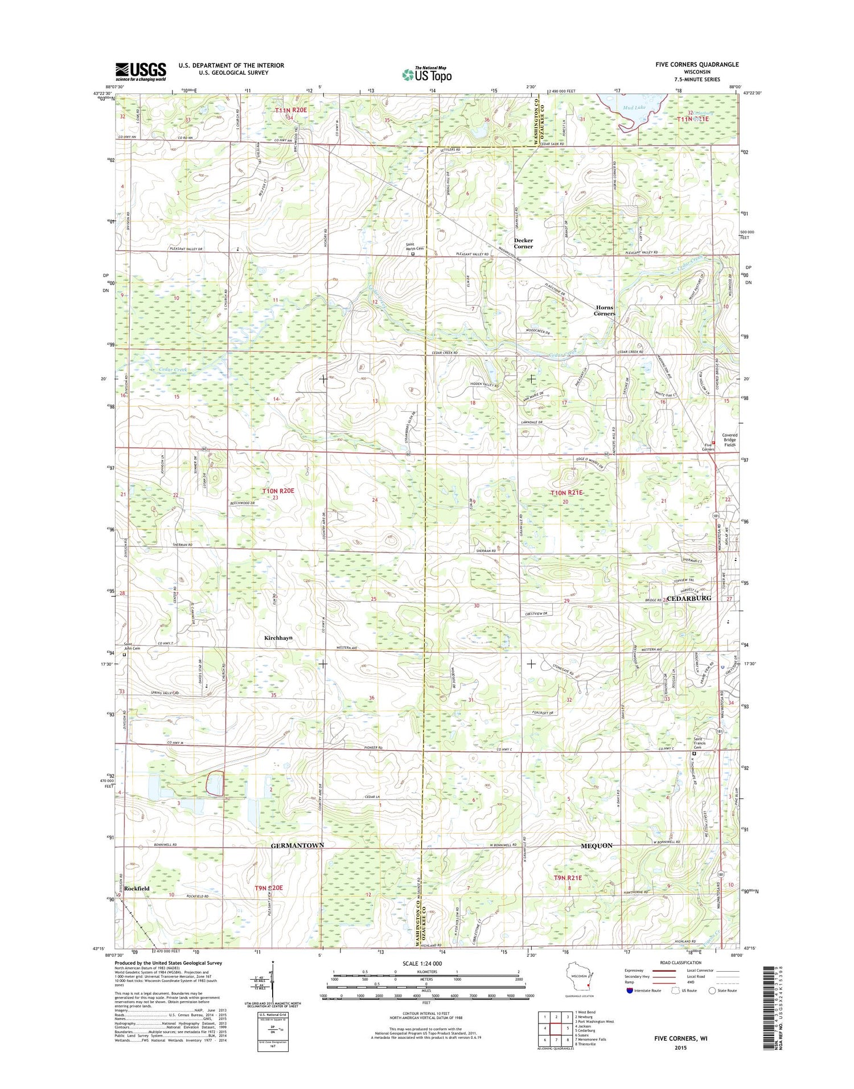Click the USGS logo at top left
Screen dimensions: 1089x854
(141, 72)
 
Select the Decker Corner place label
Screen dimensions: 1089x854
(523, 243)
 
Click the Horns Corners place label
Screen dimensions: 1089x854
(604, 310)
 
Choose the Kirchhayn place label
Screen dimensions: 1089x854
(278, 638)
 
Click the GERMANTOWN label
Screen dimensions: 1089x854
(297, 845)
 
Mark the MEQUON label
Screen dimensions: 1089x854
(596, 845)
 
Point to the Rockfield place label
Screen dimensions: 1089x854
(137, 889)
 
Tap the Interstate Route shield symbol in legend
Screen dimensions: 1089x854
(629, 990)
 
